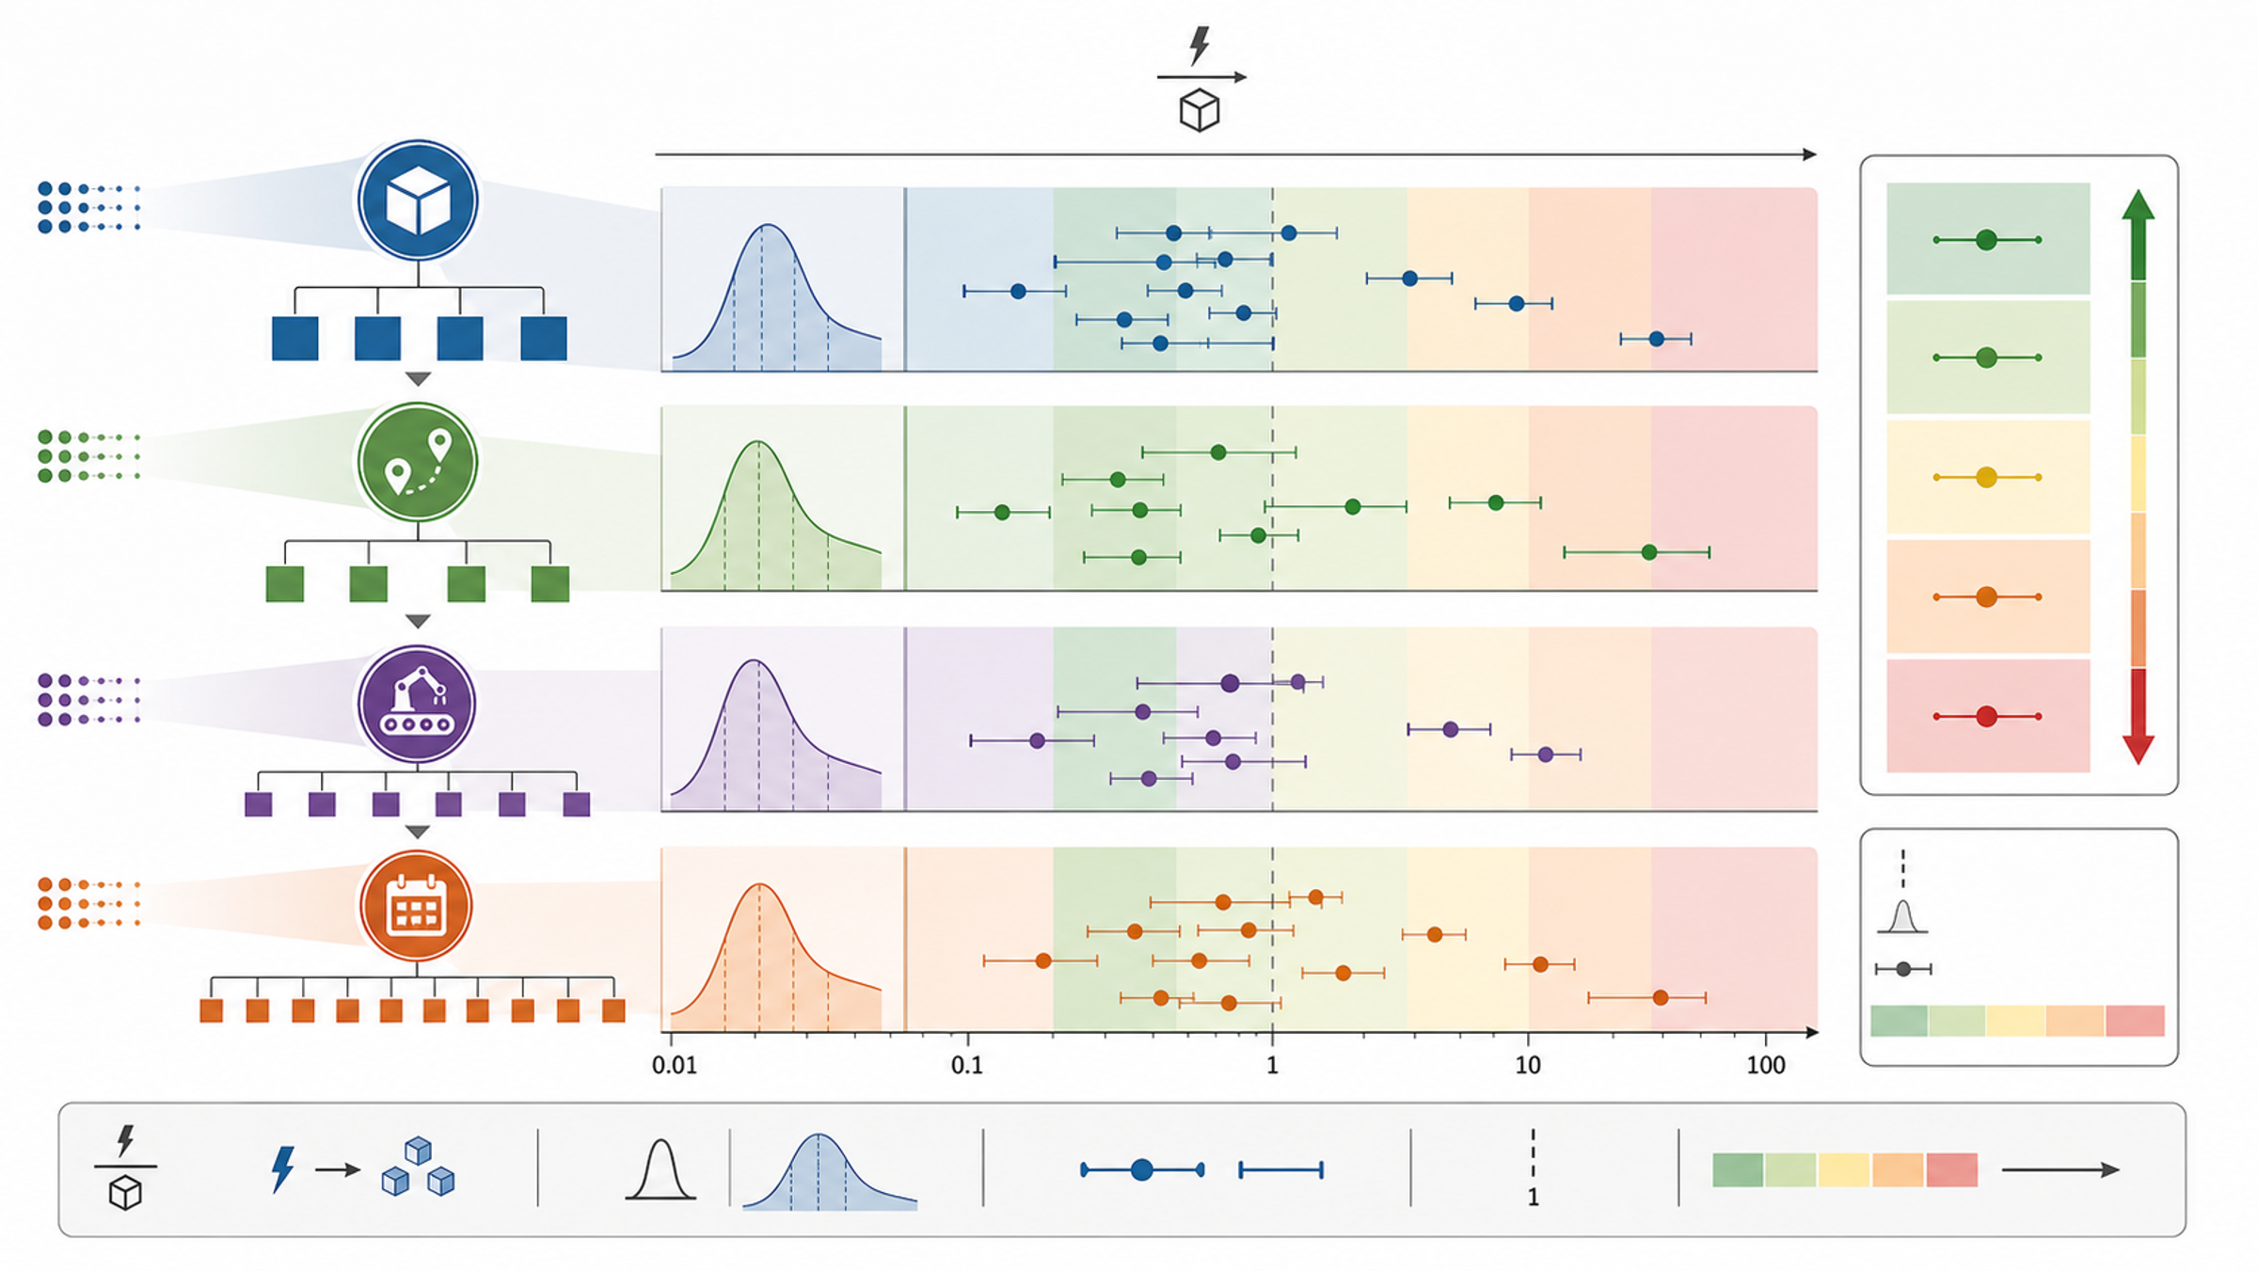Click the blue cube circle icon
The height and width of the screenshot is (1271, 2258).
(x=418, y=200)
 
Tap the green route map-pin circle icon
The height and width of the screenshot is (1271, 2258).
(x=418, y=462)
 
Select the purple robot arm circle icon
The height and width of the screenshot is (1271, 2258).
(x=417, y=704)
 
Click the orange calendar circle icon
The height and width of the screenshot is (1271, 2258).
(x=416, y=906)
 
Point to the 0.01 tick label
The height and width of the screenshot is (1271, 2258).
(x=675, y=1065)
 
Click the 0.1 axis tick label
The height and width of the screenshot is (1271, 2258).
(x=966, y=1065)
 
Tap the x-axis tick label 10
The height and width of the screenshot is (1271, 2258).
(x=1528, y=1065)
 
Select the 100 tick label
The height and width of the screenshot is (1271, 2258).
(x=1765, y=1065)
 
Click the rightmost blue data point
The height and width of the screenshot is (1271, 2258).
(x=1656, y=339)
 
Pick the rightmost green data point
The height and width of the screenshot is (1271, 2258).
(x=1648, y=552)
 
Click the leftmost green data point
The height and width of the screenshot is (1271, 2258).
(x=1002, y=513)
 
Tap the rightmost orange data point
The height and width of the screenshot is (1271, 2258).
(x=1660, y=997)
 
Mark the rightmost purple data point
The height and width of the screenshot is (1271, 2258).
(x=1545, y=755)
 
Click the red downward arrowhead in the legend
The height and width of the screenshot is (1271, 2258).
(x=2139, y=749)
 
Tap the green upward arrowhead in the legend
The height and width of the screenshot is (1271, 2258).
(x=2139, y=205)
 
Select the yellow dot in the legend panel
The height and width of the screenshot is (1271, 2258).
(x=1986, y=477)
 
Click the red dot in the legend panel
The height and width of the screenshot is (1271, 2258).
(x=1986, y=716)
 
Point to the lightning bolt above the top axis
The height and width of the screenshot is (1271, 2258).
(x=1200, y=45)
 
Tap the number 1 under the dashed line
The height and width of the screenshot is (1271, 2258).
(x=1533, y=1198)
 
